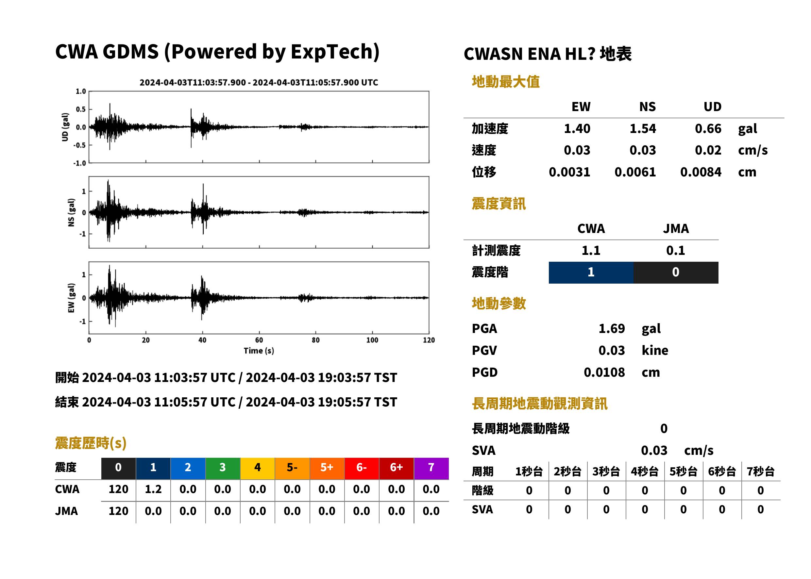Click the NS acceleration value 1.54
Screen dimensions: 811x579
642,128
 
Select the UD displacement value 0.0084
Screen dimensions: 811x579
701,172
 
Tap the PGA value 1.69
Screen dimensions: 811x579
611,328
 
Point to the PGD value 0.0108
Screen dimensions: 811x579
604,372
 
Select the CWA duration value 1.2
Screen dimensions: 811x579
153,489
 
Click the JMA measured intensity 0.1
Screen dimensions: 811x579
675,250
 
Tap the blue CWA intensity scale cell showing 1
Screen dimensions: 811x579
591,273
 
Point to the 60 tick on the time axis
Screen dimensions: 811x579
259,340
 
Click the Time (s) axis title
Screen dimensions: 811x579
259,351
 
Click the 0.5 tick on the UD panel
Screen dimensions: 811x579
81,109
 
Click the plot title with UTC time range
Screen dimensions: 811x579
259,82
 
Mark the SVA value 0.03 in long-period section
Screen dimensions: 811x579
654,450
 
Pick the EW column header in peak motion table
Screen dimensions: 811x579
581,107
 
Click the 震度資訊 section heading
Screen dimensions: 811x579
498,204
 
